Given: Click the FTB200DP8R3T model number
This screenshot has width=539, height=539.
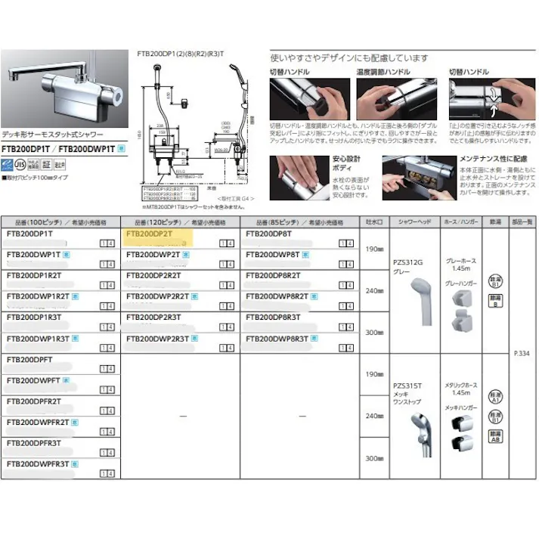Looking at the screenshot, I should tap(273, 318).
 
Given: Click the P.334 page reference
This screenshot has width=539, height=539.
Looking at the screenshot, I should tap(521, 352).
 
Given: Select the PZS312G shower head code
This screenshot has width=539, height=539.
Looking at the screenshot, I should tap(409, 262).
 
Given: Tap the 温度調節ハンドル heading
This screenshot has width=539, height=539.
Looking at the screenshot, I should tap(386, 73).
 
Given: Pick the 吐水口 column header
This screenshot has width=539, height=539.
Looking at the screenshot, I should tap(373, 223).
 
